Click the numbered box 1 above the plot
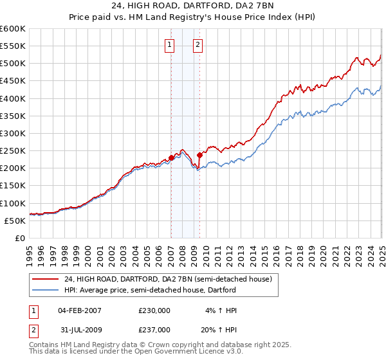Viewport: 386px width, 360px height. (169, 45)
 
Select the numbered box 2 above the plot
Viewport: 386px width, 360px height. (197, 45)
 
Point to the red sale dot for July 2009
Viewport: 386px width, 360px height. (200, 155)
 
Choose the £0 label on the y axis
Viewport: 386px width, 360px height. (19, 239)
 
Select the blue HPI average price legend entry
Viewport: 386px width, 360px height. (151, 290)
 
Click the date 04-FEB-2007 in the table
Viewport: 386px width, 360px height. (79, 310)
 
